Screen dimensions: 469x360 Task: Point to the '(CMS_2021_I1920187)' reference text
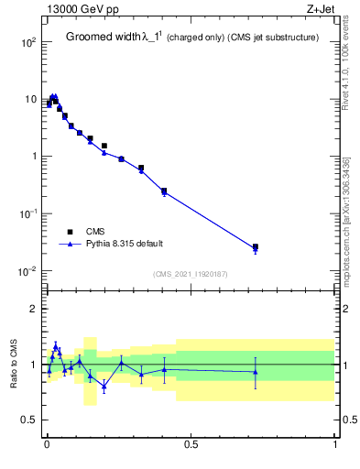click(x=191, y=274)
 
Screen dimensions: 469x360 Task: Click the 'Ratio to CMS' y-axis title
click(x=15, y=365)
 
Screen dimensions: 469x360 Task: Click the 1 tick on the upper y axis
click(x=33, y=157)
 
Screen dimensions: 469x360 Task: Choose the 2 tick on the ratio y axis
click(x=34, y=309)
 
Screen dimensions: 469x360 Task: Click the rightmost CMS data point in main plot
click(x=256, y=246)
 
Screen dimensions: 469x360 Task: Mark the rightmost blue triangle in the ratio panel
click(x=256, y=371)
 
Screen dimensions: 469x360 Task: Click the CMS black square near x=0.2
click(x=104, y=146)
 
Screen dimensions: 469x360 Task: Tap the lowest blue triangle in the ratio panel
click(x=104, y=386)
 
